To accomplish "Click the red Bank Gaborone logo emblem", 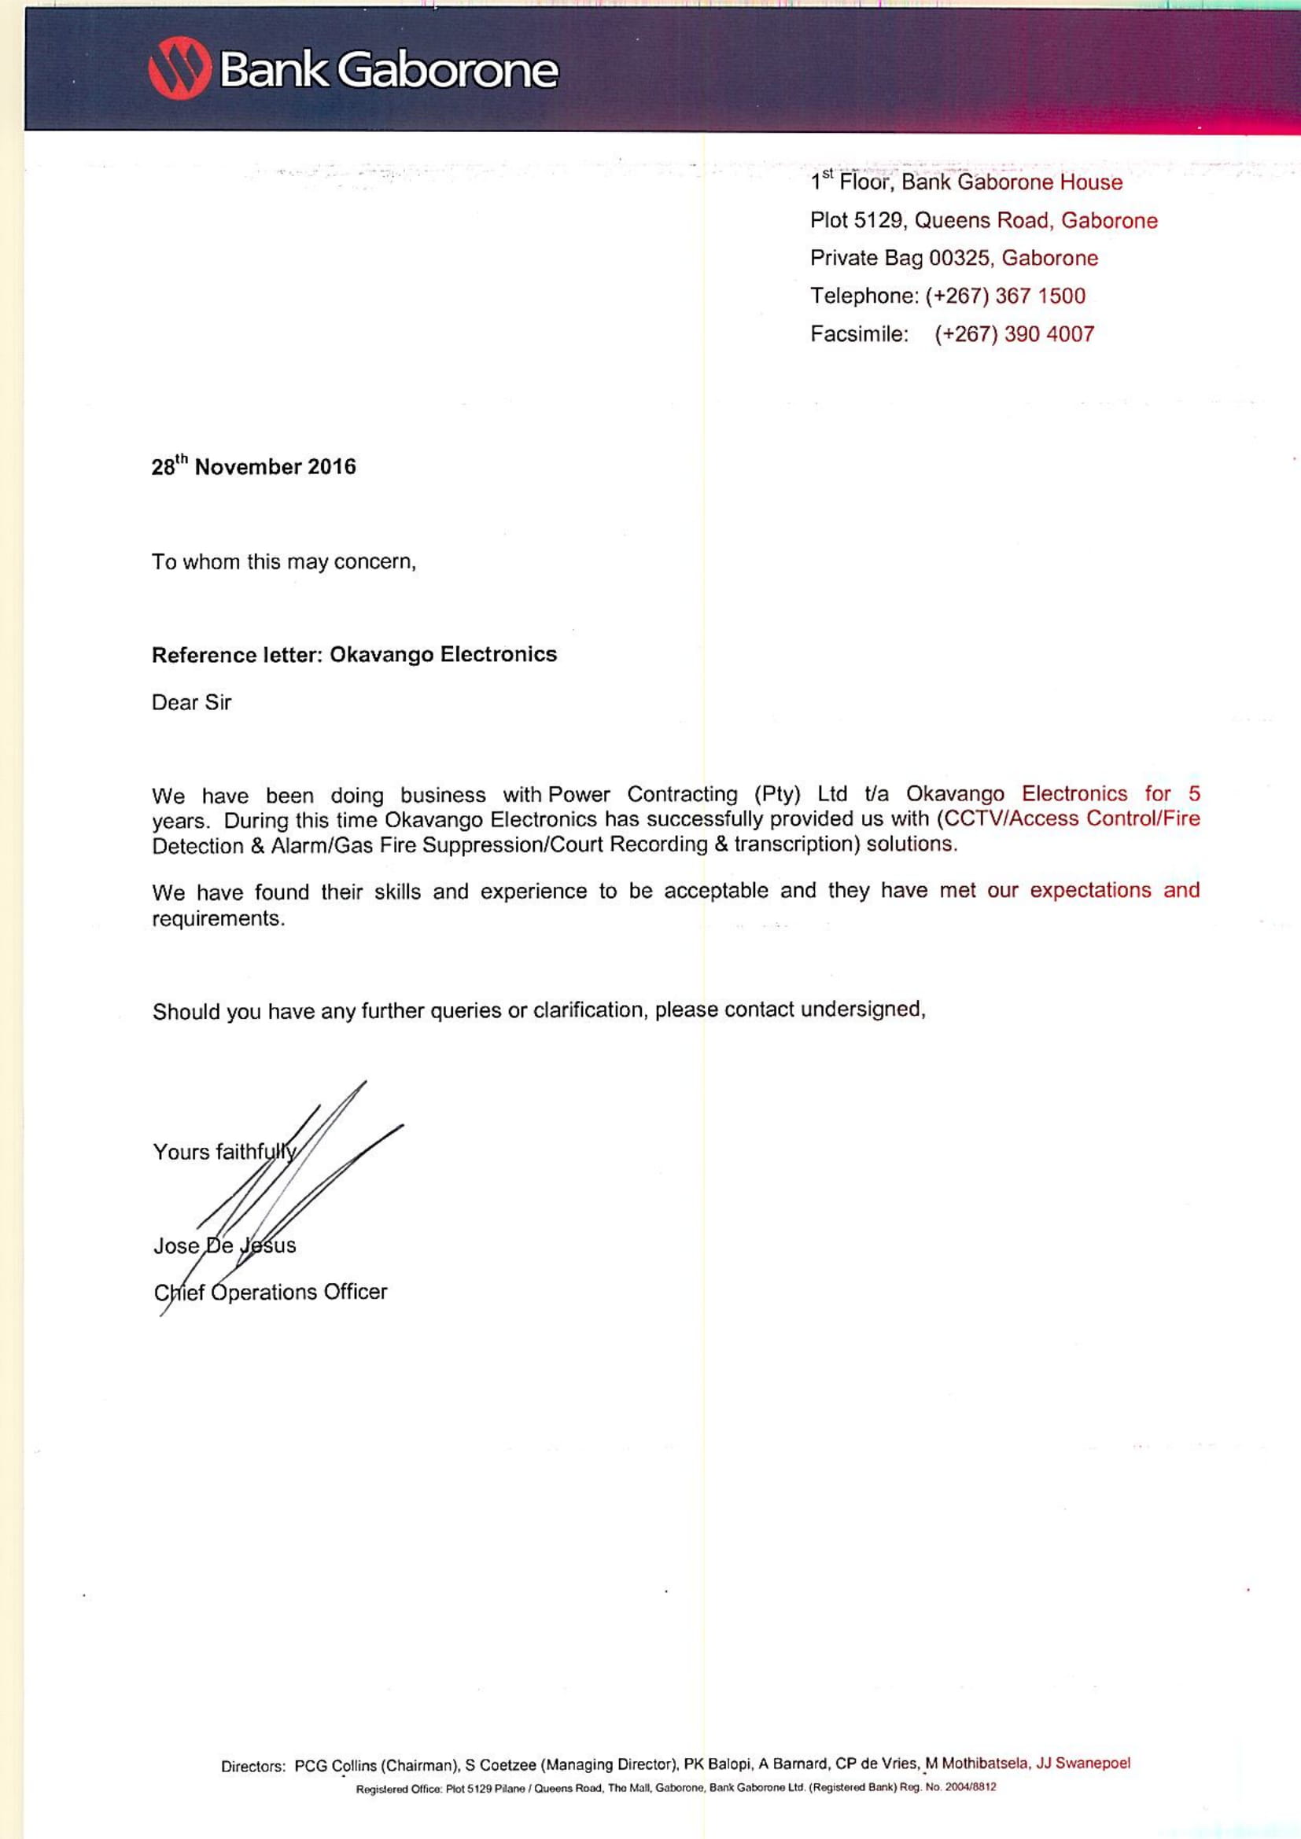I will (x=179, y=70).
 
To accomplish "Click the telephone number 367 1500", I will (x=1040, y=296).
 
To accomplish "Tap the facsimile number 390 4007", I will (x=1049, y=334).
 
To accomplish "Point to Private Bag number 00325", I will (x=959, y=259).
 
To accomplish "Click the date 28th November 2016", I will (x=253, y=467).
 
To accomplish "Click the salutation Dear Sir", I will (x=191, y=702).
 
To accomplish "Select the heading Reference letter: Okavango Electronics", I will (x=354, y=655).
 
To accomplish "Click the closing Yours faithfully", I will (x=224, y=1152).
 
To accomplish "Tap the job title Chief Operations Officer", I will (x=271, y=1292).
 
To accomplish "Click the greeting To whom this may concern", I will (x=284, y=562).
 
